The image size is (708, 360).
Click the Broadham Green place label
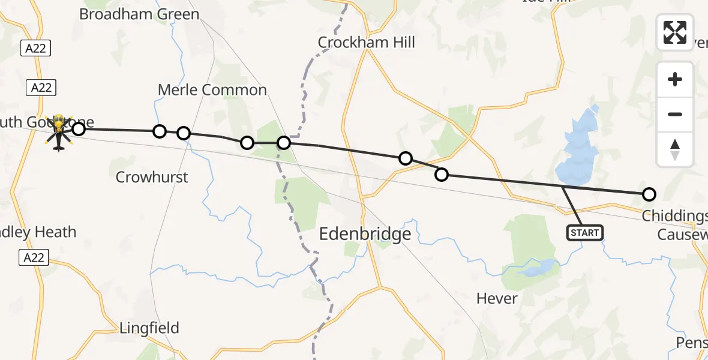[139, 14]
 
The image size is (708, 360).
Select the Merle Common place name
[212, 90]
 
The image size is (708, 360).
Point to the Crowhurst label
[152, 177]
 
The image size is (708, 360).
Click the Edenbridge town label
[365, 233]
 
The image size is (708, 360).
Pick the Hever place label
[497, 298]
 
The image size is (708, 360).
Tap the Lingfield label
[149, 328]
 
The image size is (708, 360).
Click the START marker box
[584, 233]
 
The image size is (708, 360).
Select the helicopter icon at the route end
[59, 132]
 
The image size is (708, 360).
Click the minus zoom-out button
[675, 114]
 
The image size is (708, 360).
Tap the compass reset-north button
[675, 149]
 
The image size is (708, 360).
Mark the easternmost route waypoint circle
[649, 194]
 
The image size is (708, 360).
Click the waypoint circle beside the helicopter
[79, 128]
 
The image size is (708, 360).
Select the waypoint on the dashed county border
[284, 143]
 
